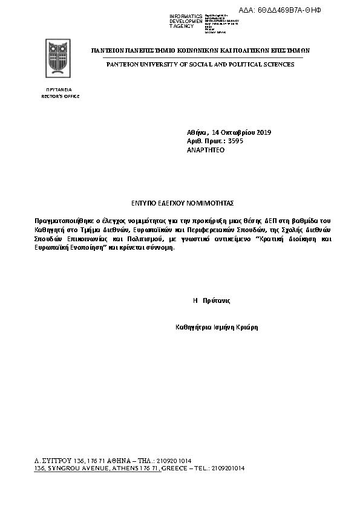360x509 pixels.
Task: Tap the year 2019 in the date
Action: point(264,132)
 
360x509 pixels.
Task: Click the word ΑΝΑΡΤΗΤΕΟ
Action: point(206,150)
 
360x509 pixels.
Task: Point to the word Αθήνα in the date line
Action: point(197,132)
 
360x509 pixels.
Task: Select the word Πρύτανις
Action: point(217,300)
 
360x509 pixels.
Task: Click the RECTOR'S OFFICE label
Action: point(60,97)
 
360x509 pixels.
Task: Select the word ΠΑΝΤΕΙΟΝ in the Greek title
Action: point(108,51)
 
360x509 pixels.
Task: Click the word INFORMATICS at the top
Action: point(186,16)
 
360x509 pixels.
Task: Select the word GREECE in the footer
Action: point(175,468)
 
